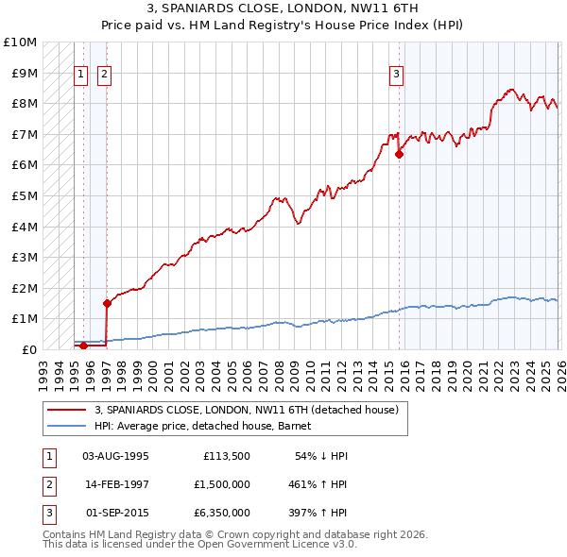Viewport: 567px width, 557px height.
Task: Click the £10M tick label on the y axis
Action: (19, 42)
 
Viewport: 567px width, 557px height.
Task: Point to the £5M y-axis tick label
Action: (23, 196)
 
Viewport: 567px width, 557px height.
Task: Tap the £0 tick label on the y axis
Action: (28, 349)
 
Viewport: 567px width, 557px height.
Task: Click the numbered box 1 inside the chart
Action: (81, 75)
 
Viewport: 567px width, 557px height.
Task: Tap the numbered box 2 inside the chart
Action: (104, 75)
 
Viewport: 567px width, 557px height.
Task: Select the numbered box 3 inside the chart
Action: (396, 75)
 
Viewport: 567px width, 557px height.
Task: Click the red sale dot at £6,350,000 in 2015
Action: (399, 155)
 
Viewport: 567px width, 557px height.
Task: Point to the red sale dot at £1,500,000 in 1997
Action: (107, 303)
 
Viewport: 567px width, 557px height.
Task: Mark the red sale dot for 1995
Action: (83, 346)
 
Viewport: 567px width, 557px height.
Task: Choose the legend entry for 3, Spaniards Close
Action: (246, 410)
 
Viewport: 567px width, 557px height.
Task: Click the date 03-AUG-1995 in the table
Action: (115, 456)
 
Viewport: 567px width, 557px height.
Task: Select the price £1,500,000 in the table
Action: (222, 484)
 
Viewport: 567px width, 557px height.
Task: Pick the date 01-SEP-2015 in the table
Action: (115, 513)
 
